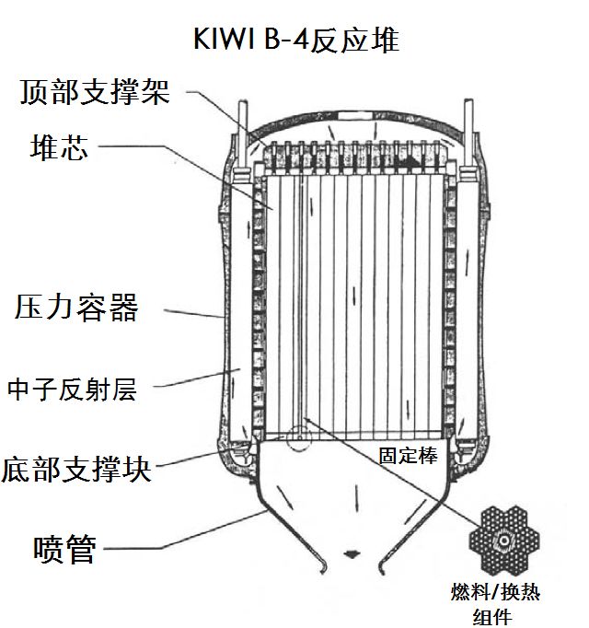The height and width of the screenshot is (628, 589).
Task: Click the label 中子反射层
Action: pyautogui.click(x=72, y=389)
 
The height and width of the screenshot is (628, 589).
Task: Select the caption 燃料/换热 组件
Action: pyautogui.click(x=495, y=604)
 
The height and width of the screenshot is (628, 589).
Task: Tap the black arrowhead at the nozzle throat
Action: pyautogui.click(x=351, y=554)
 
